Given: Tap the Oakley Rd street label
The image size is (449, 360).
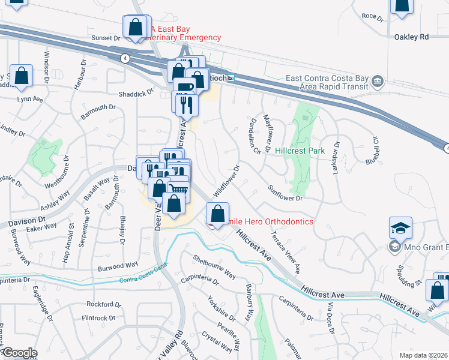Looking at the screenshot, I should [411, 37].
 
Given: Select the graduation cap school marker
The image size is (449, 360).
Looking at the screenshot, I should [400, 229].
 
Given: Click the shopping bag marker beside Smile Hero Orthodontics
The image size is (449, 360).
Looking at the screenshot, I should [217, 214].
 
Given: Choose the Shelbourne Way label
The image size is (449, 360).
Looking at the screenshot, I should [214, 266].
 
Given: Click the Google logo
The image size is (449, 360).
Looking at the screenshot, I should [19, 353].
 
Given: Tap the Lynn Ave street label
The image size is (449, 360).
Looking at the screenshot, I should [30, 99].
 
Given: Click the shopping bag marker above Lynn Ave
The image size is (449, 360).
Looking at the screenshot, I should [21, 76].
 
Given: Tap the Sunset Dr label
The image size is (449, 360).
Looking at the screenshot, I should [106, 37].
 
